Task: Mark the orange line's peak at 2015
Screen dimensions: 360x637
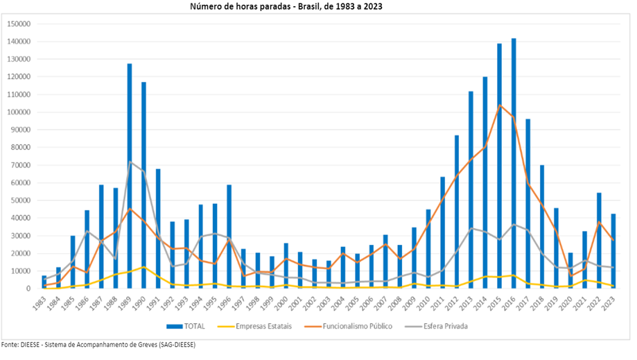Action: coord(499,105)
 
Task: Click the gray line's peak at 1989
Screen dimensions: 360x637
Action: coord(130,162)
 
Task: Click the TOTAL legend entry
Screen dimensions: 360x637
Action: coord(187,326)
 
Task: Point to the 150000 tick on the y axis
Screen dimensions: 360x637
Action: coord(19,24)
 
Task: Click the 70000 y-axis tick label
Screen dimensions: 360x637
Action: coord(21,165)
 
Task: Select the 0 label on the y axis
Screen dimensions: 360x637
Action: coord(30,289)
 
